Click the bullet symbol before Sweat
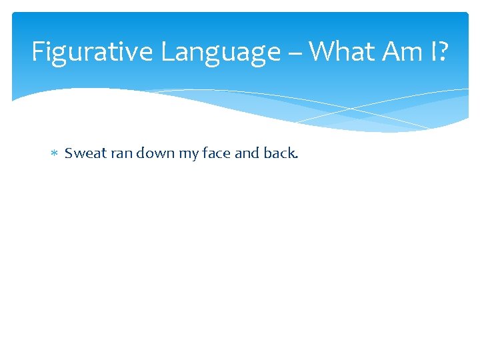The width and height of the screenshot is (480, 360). [55, 154]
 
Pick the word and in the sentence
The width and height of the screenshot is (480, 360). [247, 153]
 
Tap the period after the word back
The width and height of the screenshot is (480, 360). [297, 158]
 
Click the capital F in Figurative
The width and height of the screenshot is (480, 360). [37, 52]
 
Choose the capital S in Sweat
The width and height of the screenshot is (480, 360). [68, 153]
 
